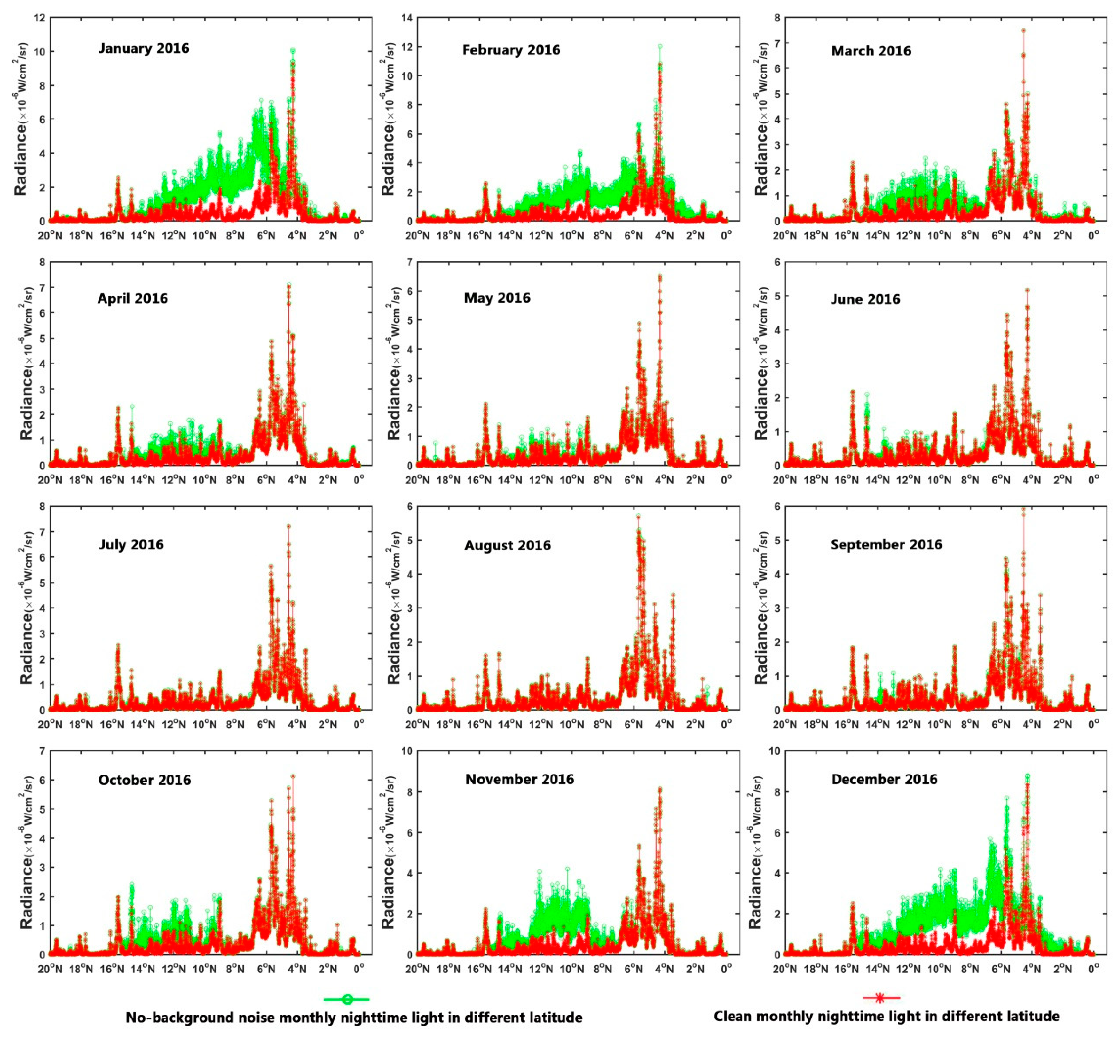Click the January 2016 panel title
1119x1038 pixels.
pyautogui.click(x=144, y=48)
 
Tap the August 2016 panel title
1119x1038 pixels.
pyautogui.click(x=507, y=546)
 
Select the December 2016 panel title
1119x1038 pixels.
pyautogui.click(x=884, y=779)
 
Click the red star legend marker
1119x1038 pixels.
pyautogui.click(x=880, y=998)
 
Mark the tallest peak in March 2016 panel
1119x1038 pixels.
pyautogui.click(x=1023, y=31)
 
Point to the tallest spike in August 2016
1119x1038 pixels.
pyautogui.click(x=638, y=515)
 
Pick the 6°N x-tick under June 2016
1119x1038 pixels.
pyautogui.click(x=1000, y=480)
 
